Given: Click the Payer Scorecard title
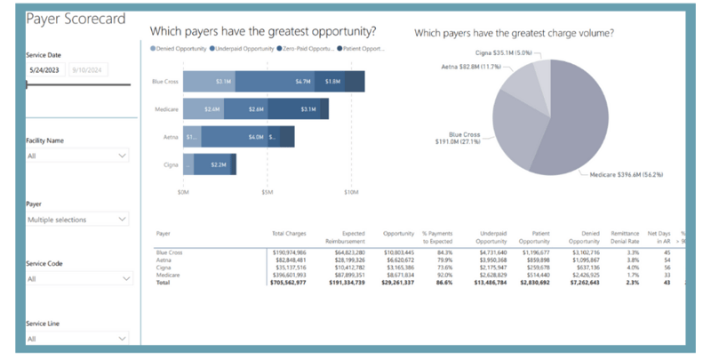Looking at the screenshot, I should [76, 19].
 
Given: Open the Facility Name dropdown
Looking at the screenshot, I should [77, 156].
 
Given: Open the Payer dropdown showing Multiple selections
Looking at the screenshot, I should [77, 218].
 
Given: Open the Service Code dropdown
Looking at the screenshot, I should [77, 278].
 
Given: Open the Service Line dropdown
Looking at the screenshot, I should [77, 339].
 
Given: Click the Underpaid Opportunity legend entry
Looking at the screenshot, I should [242, 49].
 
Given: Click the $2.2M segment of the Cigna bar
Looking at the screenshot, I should [216, 164].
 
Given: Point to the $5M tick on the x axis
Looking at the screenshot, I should [267, 191].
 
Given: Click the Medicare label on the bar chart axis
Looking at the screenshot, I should [165, 108].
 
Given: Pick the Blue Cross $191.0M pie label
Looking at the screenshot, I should [463, 137].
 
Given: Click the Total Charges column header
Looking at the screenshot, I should [289, 234].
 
